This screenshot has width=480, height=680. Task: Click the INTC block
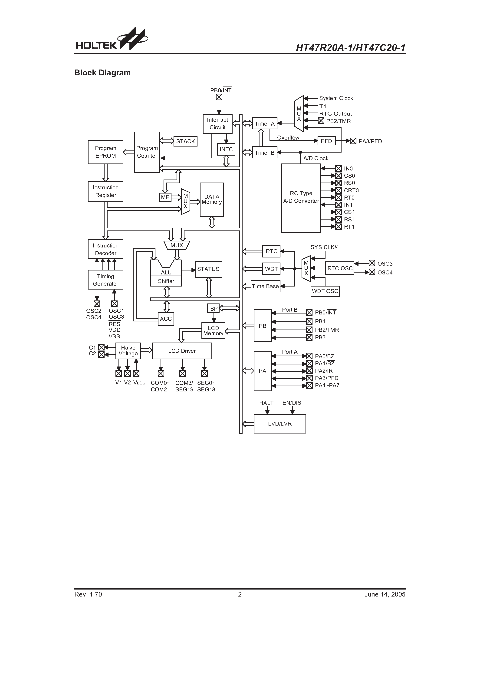(226, 149)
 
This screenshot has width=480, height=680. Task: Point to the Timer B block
(265, 153)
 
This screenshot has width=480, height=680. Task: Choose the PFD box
(326, 141)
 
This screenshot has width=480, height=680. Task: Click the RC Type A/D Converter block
(301, 198)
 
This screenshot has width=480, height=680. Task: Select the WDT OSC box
(325, 291)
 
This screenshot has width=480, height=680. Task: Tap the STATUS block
(208, 269)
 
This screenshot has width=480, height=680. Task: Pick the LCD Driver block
(182, 351)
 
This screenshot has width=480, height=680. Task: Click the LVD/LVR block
(280, 424)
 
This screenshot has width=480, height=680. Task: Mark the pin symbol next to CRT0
(339, 190)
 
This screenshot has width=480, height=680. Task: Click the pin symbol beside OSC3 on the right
(372, 263)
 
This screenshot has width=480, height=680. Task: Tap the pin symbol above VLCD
(136, 373)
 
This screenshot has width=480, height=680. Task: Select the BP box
(214, 309)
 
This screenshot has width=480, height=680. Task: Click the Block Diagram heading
(102, 73)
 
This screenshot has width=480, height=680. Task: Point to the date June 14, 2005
(385, 594)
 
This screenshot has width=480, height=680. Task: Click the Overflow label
(288, 138)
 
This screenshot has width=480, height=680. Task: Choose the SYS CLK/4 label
(325, 247)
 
